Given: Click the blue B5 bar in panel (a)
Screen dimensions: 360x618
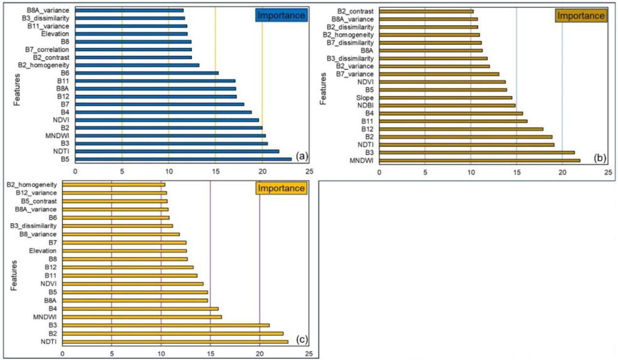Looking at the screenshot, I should tap(183, 159).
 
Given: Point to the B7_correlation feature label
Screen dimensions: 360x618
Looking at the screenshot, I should tap(47, 50).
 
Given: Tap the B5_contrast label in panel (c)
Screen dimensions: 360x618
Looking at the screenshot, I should tap(38, 201).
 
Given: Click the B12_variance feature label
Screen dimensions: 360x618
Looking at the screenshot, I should tap(36, 193).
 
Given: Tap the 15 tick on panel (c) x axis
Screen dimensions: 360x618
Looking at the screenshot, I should tap(210, 353).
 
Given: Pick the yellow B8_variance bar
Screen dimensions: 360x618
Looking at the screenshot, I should tap(121, 234).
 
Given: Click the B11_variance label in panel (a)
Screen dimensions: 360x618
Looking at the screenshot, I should tap(48, 26).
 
